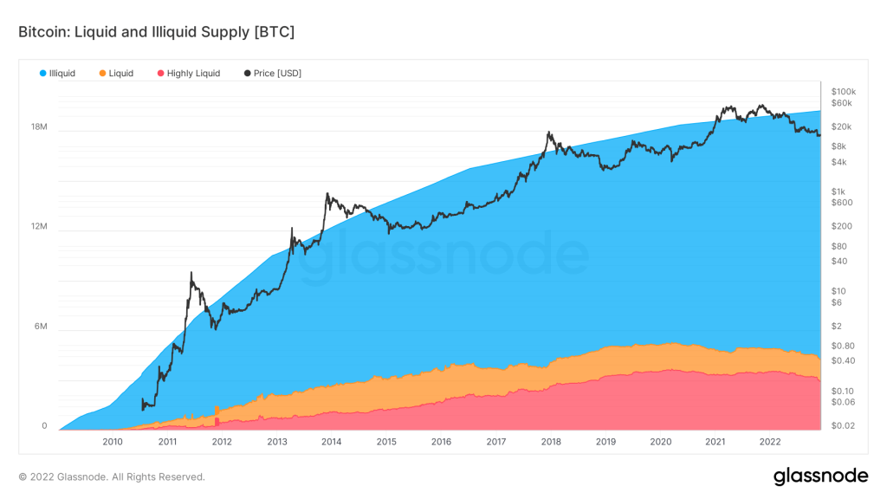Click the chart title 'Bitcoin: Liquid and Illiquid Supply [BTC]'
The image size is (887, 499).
pyautogui.click(x=156, y=32)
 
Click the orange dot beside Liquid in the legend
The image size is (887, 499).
pyautogui.click(x=102, y=74)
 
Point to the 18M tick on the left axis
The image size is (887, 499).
pyautogui.click(x=39, y=127)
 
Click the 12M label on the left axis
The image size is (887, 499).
pyautogui.click(x=39, y=227)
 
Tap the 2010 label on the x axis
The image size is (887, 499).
pyautogui.click(x=113, y=441)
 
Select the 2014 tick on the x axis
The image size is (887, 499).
pyautogui.click(x=332, y=441)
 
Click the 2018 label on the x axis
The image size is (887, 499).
pyautogui.click(x=551, y=441)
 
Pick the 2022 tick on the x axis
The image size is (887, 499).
pyautogui.click(x=770, y=441)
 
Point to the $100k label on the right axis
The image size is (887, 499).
pyautogui.click(x=844, y=91)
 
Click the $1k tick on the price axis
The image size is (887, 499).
pyautogui.click(x=838, y=191)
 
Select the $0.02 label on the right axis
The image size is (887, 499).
pyautogui.click(x=843, y=424)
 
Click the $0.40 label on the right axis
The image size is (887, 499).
pyautogui.click(x=843, y=360)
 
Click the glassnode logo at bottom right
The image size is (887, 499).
pyautogui.click(x=819, y=476)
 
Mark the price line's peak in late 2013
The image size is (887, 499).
pyautogui.click(x=327, y=194)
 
